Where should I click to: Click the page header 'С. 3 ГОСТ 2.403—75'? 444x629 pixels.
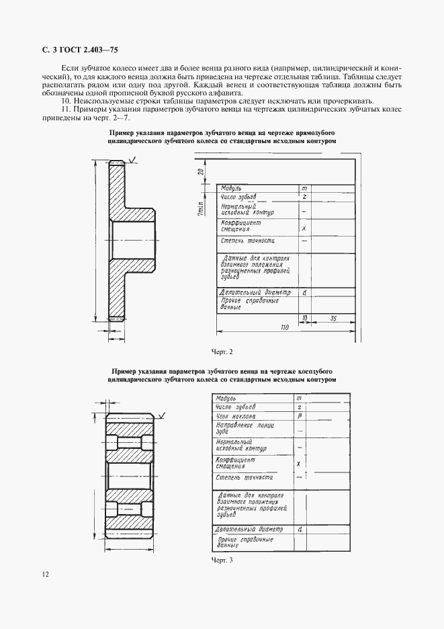click(x=77, y=50)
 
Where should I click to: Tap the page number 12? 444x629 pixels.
click(x=44, y=574)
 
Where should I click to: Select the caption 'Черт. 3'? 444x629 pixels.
click(x=222, y=560)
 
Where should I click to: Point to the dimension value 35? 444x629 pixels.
click(x=333, y=317)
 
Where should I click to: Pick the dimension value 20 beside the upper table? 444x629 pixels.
click(x=201, y=172)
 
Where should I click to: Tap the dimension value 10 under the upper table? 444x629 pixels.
click(x=304, y=317)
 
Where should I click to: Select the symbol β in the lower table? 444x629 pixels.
click(x=298, y=417)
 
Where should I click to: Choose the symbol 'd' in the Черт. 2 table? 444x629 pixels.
click(x=304, y=293)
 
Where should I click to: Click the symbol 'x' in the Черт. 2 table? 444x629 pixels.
click(x=304, y=228)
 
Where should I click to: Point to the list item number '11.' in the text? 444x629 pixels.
click(x=66, y=110)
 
